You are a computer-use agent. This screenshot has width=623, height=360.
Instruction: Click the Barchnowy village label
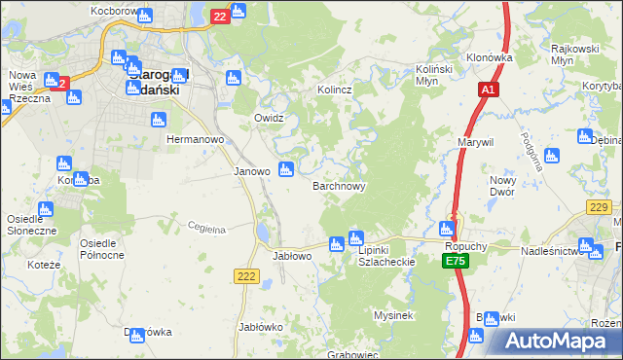pos(339,186)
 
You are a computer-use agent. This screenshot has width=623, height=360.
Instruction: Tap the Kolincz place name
pos(334,90)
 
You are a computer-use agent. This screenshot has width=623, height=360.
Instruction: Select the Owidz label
pos(268,118)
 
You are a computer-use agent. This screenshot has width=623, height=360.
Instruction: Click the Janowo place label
pos(251,171)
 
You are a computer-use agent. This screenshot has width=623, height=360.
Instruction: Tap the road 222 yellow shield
pos(246,277)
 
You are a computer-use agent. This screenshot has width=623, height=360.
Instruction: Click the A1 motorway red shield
pos(489,90)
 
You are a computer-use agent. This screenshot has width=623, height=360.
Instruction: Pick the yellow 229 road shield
pos(600,207)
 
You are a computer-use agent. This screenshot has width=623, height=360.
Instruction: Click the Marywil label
pos(476,142)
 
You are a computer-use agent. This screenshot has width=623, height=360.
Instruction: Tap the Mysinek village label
pos(394,315)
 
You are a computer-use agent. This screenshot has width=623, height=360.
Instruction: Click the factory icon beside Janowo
pos(286,170)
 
